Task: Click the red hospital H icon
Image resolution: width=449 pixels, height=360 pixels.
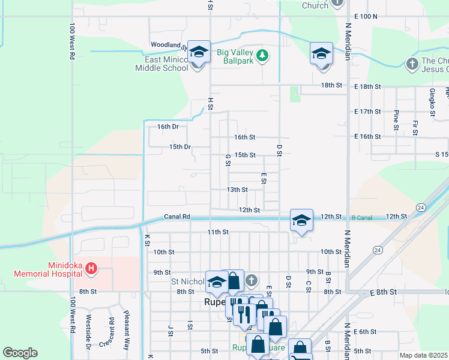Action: [91, 268]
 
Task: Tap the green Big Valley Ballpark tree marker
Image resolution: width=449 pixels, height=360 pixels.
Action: [262, 56]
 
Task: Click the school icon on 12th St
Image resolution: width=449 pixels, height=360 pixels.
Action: [301, 220]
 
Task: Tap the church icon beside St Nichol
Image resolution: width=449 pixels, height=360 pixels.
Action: [252, 280]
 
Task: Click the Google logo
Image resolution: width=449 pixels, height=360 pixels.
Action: [20, 353]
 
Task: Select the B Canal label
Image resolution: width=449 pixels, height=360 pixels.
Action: [362, 216]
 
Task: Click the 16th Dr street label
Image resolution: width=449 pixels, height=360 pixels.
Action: [168, 127]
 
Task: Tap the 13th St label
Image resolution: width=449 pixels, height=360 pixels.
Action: [237, 190]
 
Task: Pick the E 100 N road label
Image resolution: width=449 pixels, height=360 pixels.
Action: [366, 16]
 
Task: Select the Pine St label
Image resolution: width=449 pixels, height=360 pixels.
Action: [396, 120]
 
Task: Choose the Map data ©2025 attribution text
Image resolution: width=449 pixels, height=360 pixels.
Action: [424, 355]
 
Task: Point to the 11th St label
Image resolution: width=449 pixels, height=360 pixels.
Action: [218, 232]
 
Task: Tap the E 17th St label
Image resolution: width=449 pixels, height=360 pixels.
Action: [367, 112]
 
